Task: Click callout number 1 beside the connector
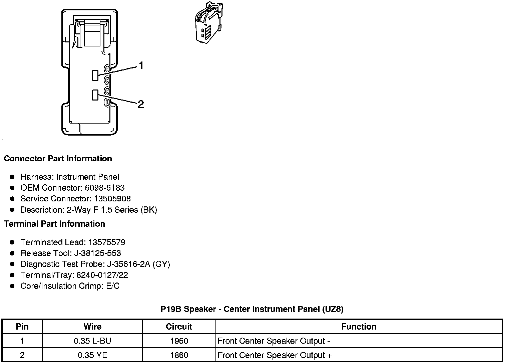[141, 66]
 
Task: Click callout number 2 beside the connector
[141, 105]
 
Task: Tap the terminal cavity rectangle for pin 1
[95, 75]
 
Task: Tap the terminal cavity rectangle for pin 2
[95, 95]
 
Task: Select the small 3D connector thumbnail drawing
[208, 23]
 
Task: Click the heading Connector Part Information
[58, 159]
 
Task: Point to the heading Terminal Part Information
[54, 224]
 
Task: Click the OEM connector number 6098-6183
[104, 188]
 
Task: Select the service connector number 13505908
[112, 199]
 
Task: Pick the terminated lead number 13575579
[107, 242]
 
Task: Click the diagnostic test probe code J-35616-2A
[128, 264]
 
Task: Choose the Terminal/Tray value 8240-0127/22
[102, 275]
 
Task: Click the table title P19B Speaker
[252, 309]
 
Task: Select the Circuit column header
[179, 327]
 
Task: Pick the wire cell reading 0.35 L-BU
[92, 341]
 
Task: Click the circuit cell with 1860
[179, 355]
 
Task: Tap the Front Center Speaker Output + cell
[275, 355]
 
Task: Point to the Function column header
[359, 327]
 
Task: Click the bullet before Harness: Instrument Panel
[12, 177]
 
